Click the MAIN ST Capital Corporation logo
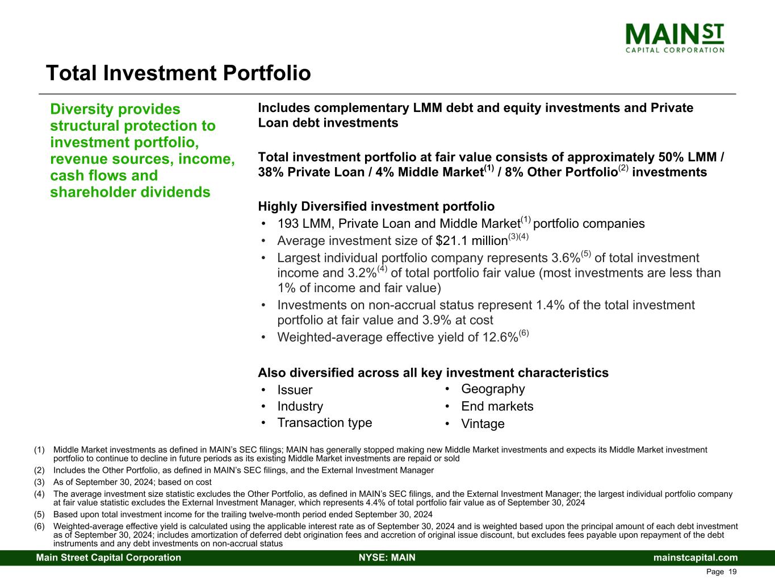tap(675, 38)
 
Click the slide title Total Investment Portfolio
tap(178, 73)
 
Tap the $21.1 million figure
tap(472, 241)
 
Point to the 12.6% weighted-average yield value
tap(500, 337)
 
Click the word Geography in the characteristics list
tap(493, 389)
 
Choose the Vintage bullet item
tap(483, 423)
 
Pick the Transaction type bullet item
tap(324, 423)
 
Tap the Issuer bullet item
tap(295, 390)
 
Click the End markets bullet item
tap(497, 406)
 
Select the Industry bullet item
tap(300, 406)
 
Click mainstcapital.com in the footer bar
tap(696, 558)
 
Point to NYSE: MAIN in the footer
tap(387, 558)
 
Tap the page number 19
tap(732, 572)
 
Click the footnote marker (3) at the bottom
tap(39, 482)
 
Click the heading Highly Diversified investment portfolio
tap(376, 206)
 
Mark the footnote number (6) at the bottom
tap(39, 526)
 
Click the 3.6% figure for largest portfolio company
tap(565, 258)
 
